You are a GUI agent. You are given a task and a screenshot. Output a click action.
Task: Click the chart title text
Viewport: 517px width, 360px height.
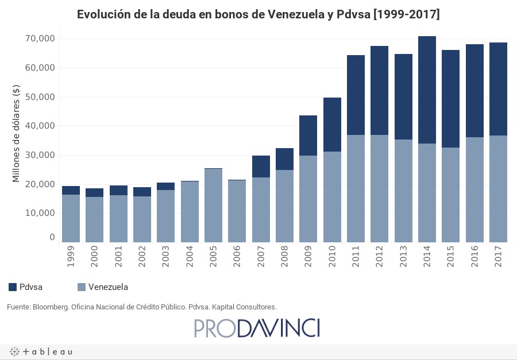pos(258,14)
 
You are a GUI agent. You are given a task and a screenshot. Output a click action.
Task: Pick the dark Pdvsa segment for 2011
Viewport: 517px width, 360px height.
pos(356,95)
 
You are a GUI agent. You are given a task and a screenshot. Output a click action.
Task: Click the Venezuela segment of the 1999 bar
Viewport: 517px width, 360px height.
pos(71,218)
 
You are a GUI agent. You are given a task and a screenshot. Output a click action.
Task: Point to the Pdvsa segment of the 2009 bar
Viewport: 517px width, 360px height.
pos(308,136)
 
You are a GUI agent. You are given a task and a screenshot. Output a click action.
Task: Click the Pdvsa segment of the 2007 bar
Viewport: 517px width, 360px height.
pos(261,167)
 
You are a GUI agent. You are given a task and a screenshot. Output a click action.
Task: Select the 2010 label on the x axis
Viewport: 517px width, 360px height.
pos(332,256)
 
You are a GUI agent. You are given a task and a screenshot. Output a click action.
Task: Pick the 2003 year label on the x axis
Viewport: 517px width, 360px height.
pos(165,256)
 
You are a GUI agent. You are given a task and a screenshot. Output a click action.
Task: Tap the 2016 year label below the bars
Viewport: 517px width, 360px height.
pos(474,256)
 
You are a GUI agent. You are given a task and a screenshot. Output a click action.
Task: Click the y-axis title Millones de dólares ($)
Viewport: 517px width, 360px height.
pos(16,133)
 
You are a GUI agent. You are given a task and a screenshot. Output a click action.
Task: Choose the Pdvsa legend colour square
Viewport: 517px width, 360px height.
pos(13,287)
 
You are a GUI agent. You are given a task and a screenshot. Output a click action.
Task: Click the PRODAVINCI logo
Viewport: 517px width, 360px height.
pos(257,328)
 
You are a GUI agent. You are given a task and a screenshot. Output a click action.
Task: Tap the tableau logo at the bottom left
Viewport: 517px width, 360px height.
pos(40,351)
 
